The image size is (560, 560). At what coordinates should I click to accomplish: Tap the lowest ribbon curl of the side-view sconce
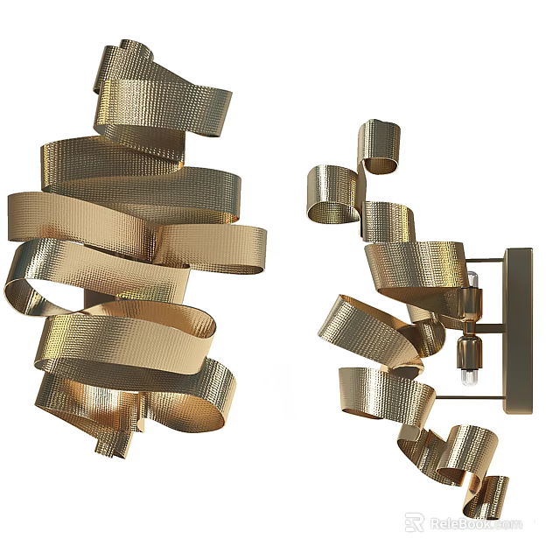[495, 494]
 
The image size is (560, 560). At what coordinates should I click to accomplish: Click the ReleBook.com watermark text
[473, 524]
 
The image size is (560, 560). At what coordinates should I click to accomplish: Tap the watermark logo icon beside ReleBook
[414, 523]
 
